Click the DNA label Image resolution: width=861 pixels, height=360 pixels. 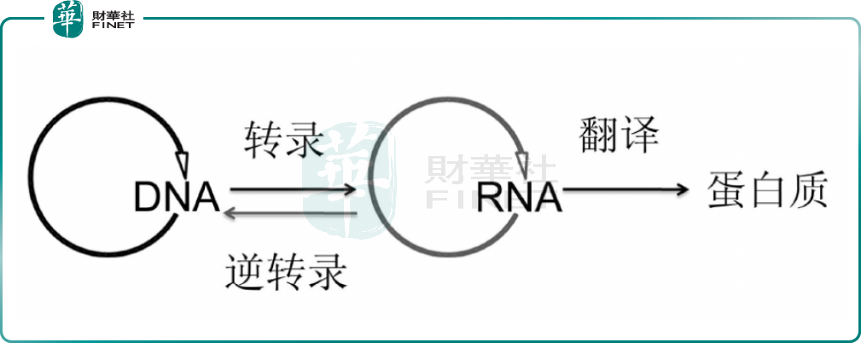[x=177, y=198]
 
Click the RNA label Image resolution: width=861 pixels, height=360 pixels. [x=519, y=198]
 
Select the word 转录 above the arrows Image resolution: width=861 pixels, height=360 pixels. [x=284, y=140]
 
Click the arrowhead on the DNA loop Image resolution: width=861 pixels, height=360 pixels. [x=183, y=160]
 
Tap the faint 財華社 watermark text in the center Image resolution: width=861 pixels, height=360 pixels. [x=490, y=171]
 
